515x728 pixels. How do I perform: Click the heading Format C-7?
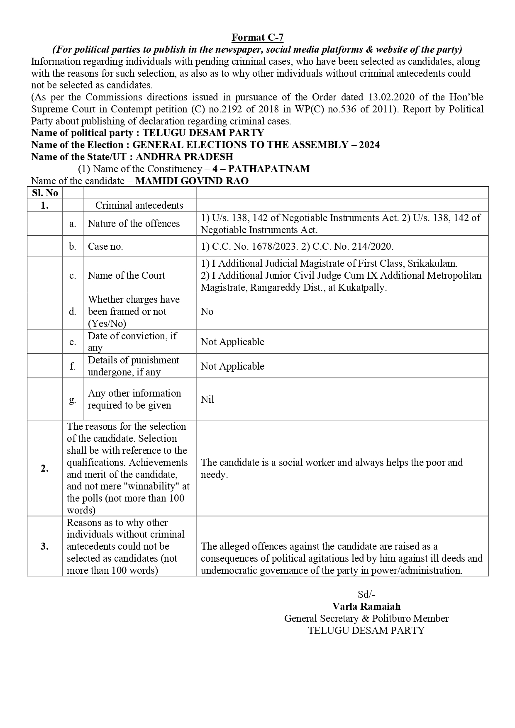257,38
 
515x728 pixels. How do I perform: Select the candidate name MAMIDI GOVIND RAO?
192,181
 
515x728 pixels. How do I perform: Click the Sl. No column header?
45,193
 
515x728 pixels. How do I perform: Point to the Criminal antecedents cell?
139,205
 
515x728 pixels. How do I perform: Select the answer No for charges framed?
207,312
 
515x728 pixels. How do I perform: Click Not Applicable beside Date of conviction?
232,342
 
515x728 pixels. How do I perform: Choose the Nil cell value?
207,399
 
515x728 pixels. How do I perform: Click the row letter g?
73,399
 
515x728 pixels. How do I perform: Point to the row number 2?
45,468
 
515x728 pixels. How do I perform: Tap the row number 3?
45,546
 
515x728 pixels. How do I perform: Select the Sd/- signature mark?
366,594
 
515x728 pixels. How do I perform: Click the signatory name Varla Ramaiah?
366,606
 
